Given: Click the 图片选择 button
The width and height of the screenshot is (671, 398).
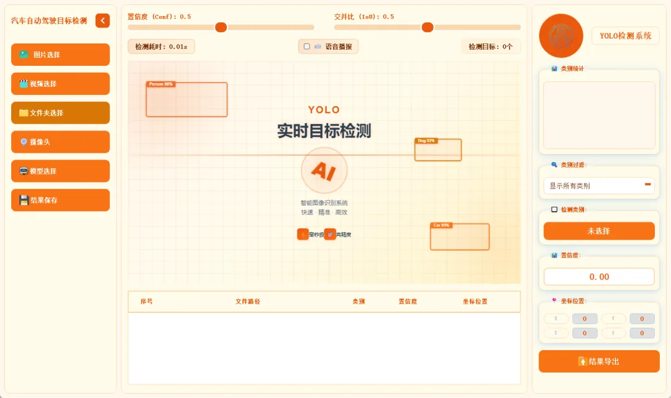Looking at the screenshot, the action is click(60, 55).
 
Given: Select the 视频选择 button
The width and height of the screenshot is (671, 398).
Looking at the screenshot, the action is click(60, 84).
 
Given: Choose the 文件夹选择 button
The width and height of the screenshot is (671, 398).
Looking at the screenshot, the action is click(60, 113).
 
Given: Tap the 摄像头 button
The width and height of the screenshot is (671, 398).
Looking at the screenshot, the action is click(60, 142).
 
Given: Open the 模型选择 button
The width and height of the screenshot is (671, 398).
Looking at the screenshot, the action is click(60, 171).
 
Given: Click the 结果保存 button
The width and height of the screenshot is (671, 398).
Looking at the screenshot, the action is click(60, 200).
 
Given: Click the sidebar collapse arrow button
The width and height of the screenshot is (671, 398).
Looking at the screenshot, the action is click(103, 20).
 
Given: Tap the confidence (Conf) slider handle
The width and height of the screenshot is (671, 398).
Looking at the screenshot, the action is click(221, 27).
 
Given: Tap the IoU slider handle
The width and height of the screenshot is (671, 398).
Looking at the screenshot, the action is click(427, 27).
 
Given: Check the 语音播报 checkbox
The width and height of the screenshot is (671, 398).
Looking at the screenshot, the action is click(306, 47).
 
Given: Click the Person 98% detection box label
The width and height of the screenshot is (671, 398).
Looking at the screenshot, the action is click(160, 84).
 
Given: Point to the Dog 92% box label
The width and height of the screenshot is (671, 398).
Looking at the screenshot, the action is click(426, 141).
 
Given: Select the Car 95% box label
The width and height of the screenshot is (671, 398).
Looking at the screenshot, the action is click(441, 225).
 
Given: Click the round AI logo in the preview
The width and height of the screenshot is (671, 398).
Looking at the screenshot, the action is click(324, 170).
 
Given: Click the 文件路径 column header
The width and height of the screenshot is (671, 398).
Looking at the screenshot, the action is click(248, 302).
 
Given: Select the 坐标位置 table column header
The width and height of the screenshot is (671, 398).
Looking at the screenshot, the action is click(475, 302).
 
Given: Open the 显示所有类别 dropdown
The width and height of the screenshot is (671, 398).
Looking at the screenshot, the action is click(599, 186).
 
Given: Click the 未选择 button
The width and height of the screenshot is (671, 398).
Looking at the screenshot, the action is click(599, 231).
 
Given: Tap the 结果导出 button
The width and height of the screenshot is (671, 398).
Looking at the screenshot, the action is click(599, 361).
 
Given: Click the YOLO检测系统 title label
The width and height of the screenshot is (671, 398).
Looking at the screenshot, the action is click(625, 36).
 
